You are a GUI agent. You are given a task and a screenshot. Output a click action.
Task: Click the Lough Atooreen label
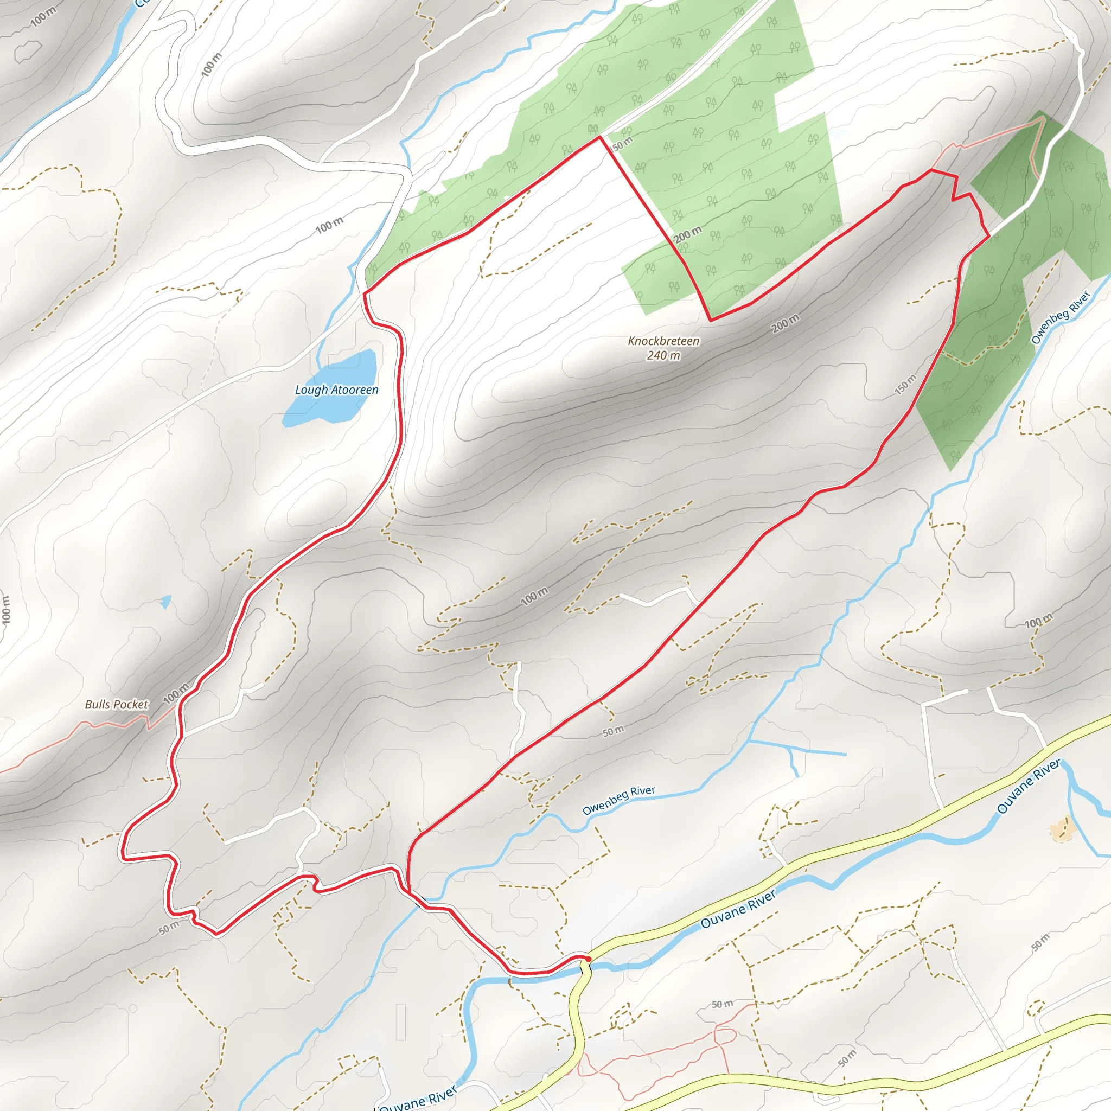pyautogui.click(x=336, y=390)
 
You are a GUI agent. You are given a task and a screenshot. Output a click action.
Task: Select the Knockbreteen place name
pyautogui.click(x=663, y=341)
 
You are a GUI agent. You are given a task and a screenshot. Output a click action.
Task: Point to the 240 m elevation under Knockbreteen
pyautogui.click(x=663, y=355)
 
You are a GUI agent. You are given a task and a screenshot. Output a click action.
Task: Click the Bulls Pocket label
pyautogui.click(x=116, y=705)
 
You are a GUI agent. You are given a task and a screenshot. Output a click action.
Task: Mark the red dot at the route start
pyautogui.click(x=588, y=959)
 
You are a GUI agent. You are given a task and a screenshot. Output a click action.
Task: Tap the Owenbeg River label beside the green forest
pyautogui.click(x=1061, y=317)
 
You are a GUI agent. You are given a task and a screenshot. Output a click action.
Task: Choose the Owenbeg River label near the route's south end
pyautogui.click(x=619, y=801)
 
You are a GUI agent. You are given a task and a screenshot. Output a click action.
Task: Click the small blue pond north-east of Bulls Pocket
pyautogui.click(x=166, y=602)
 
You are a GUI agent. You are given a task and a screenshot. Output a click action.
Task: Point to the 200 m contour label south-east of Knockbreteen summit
pyautogui.click(x=786, y=324)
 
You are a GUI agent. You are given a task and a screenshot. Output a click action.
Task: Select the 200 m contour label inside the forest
pyautogui.click(x=688, y=234)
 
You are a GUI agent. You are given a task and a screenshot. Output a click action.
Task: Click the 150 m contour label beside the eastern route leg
pyautogui.click(x=906, y=384)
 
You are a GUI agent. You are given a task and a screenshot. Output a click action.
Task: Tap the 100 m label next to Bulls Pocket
pyautogui.click(x=176, y=693)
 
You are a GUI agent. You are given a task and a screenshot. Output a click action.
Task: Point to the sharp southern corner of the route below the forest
pyautogui.click(x=711, y=320)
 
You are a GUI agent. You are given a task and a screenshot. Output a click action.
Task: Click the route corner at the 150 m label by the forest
pyautogui.click(x=601, y=137)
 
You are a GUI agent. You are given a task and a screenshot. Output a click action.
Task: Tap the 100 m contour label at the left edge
pyautogui.click(x=6, y=610)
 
